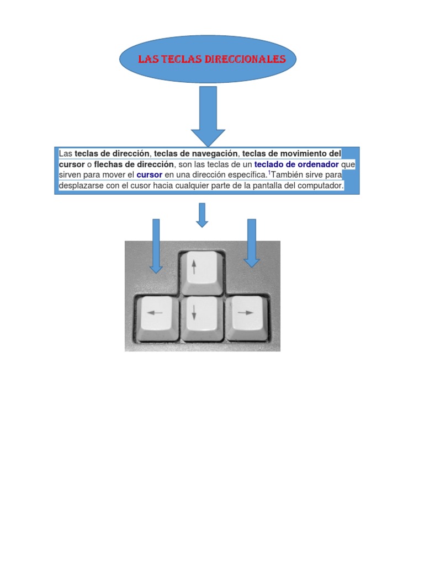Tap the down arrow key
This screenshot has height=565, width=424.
click(x=202, y=317)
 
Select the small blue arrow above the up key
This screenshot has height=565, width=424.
click(x=202, y=215)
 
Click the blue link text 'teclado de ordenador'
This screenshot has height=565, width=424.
click(x=296, y=164)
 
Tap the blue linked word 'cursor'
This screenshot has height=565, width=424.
click(x=149, y=175)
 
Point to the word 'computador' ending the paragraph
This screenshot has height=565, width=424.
click(x=320, y=185)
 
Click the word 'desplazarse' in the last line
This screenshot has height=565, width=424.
click(x=80, y=185)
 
